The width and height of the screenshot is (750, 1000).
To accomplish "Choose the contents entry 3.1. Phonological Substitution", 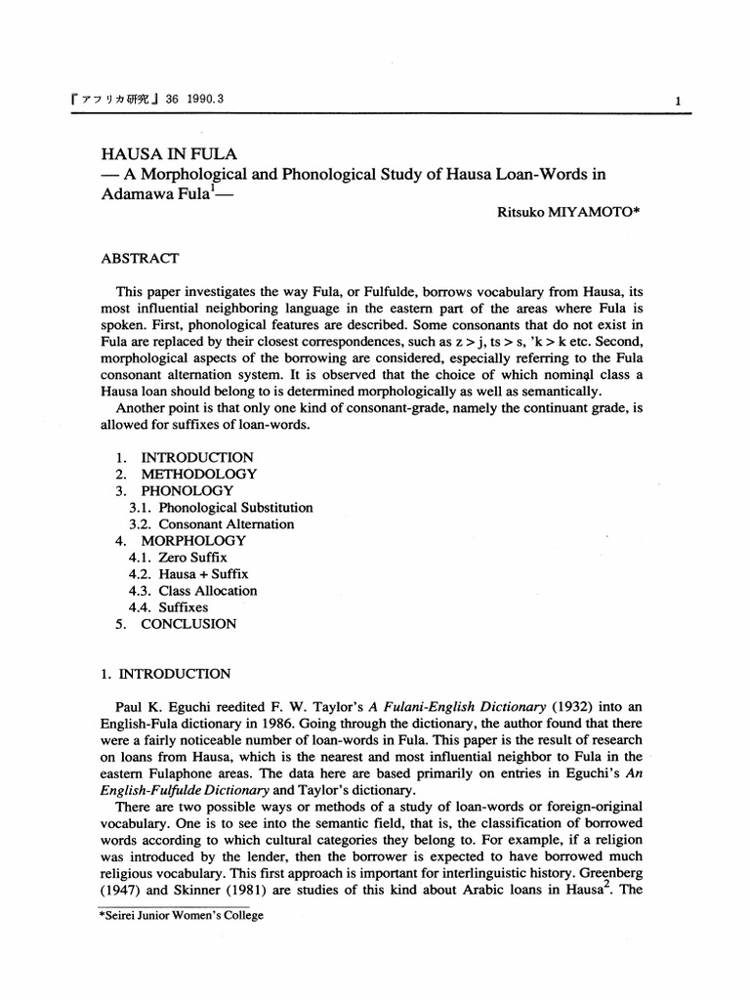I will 221,508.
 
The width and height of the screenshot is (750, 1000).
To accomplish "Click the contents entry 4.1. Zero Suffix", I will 177,557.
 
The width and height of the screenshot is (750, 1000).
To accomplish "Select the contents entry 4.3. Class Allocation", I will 192,590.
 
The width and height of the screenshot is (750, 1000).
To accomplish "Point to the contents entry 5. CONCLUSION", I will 176,623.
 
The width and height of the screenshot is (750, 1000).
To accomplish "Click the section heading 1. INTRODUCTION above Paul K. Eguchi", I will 166,674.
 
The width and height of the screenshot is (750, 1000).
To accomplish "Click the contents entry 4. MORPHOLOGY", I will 181,540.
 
